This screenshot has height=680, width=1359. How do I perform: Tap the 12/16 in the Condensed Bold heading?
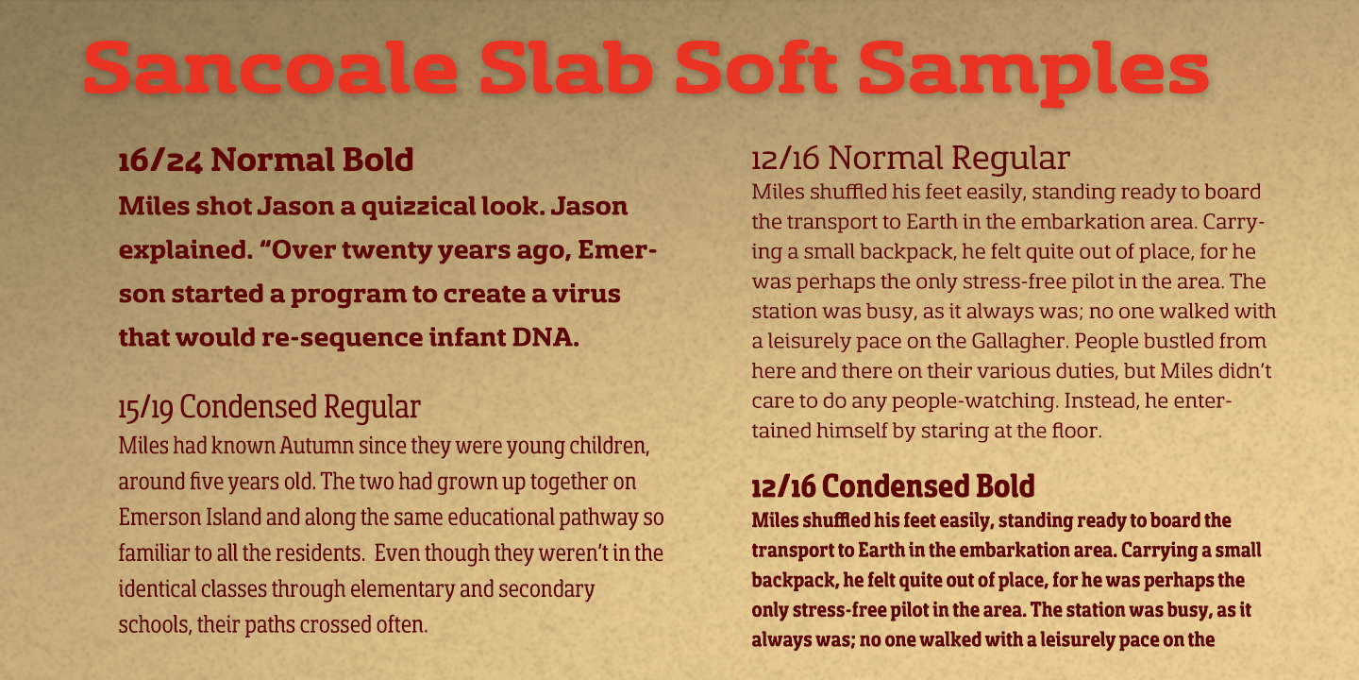(x=783, y=486)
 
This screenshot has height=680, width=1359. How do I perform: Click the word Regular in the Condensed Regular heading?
(x=372, y=408)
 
